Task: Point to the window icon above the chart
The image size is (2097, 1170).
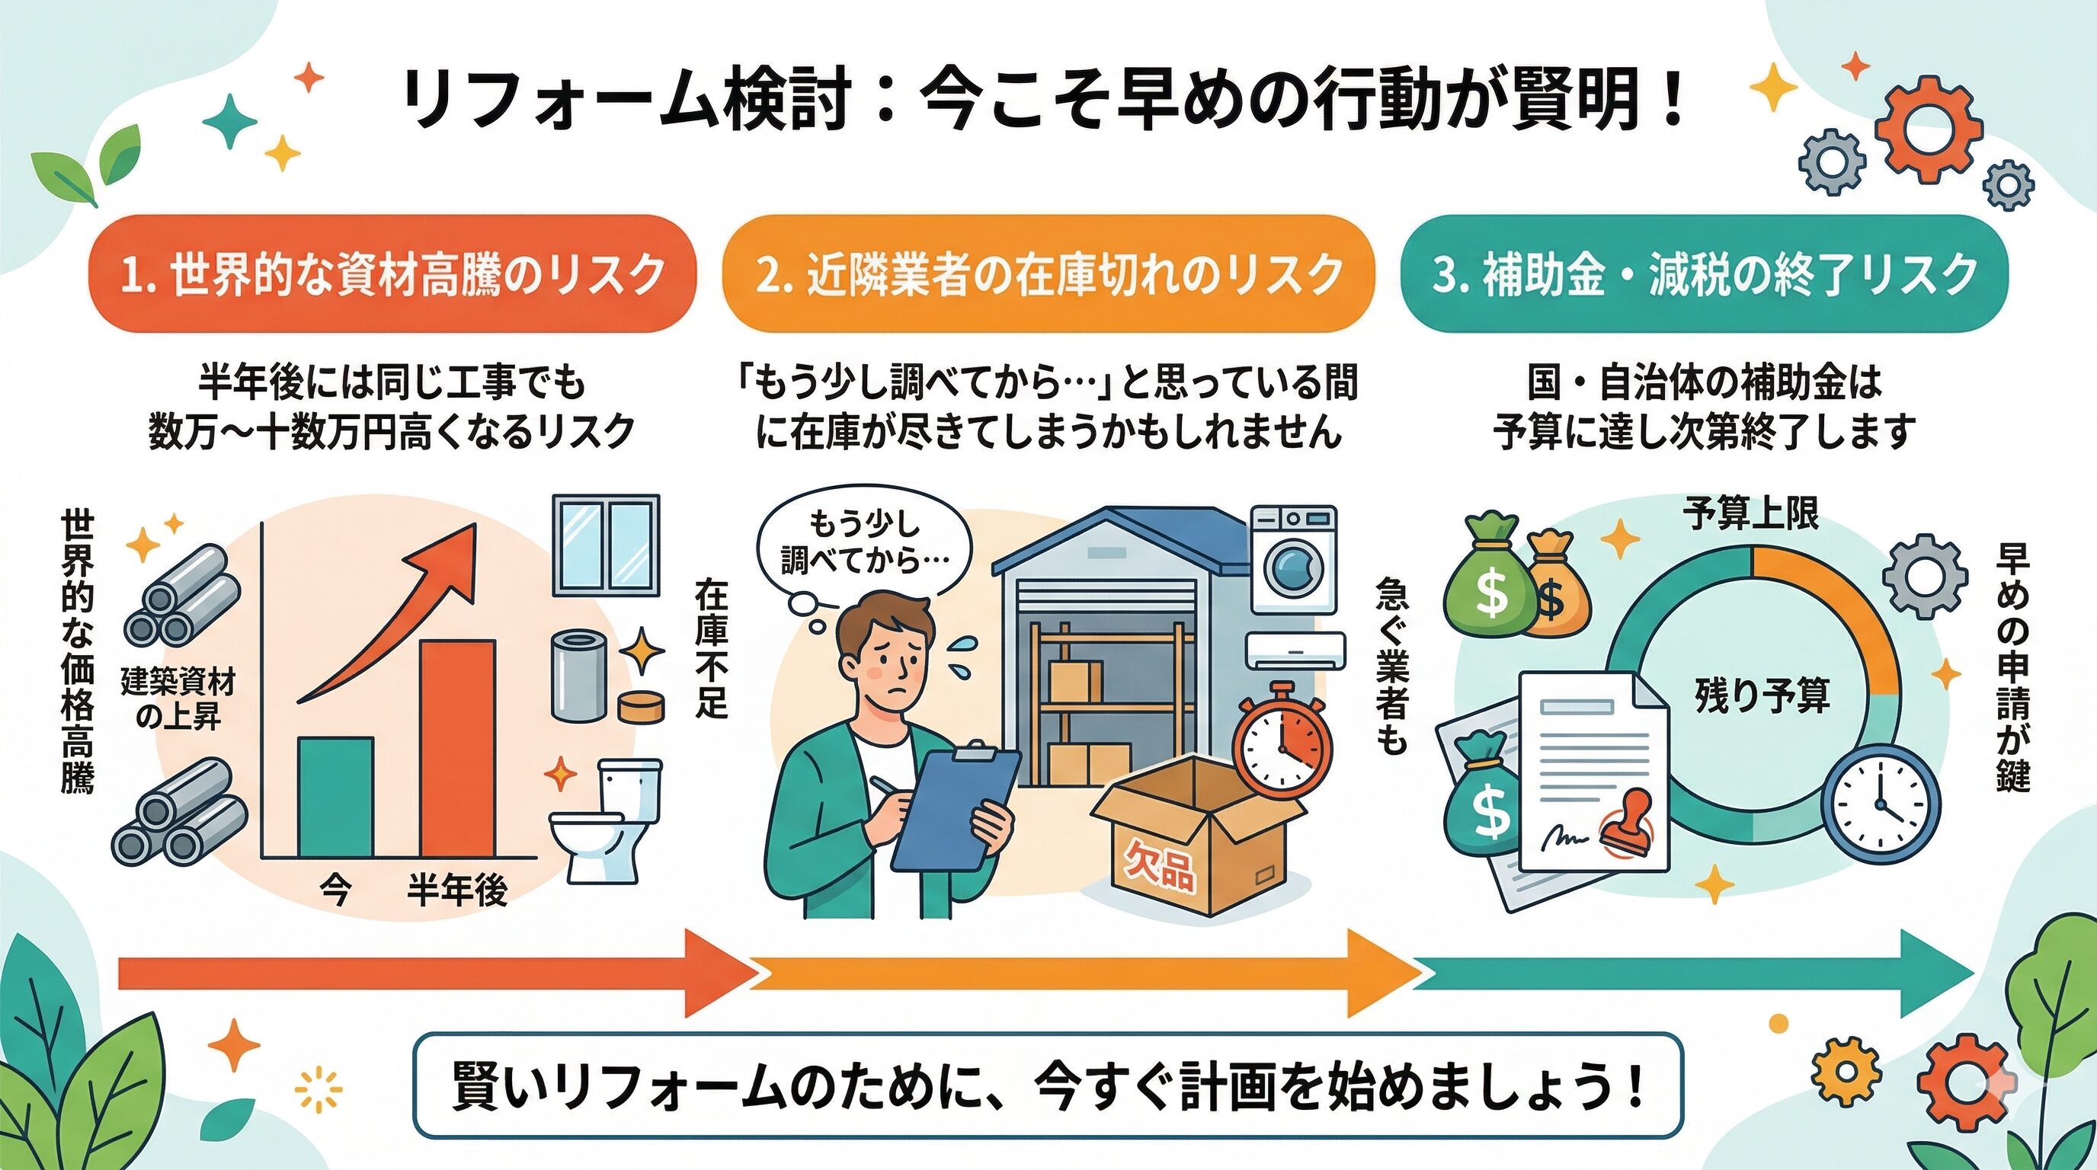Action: pos(606,545)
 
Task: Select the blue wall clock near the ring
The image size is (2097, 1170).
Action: pos(1880,804)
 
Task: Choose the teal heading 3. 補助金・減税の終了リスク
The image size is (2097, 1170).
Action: pos(1705,274)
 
